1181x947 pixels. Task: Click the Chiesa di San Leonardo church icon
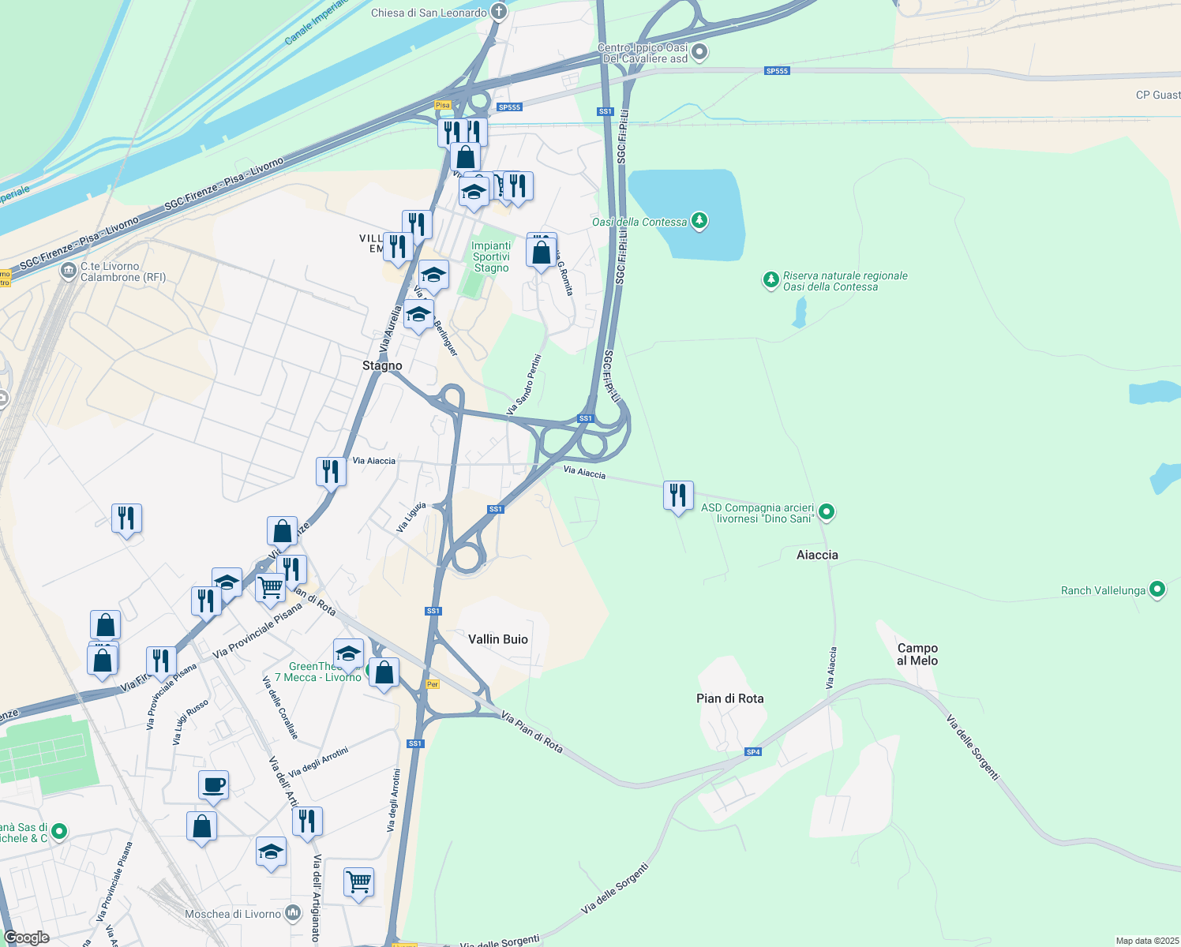coord(498,12)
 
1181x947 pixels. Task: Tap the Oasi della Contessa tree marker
coord(699,221)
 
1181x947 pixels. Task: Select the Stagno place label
coord(382,365)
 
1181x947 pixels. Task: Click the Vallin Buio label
coord(498,639)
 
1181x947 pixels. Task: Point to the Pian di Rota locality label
coord(729,698)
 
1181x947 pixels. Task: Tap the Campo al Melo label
coord(917,654)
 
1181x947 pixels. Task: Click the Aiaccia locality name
coord(817,555)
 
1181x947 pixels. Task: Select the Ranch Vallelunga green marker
coord(1157,590)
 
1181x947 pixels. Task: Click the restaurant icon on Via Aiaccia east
coord(678,496)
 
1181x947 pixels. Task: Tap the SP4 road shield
coord(753,752)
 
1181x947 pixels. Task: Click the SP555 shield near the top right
coord(777,71)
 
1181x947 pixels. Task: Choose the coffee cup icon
coord(213,785)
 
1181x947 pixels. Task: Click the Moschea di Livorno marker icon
coord(293,914)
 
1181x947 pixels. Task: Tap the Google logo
coord(27,938)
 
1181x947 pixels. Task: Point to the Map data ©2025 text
coord(1145,941)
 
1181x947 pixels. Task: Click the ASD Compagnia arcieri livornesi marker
coord(827,512)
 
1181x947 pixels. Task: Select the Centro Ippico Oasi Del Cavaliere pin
coord(699,53)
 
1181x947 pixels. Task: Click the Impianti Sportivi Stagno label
coord(491,256)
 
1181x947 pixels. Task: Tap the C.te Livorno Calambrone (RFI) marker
coord(69,271)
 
